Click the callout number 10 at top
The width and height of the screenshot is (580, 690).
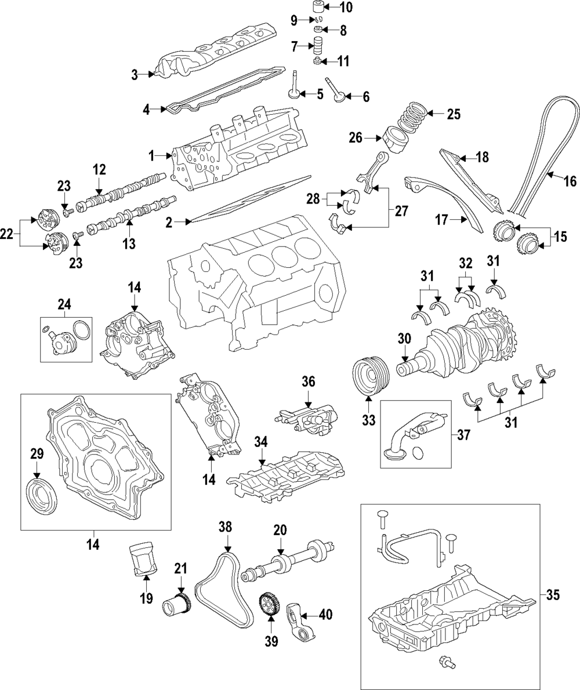point(346,8)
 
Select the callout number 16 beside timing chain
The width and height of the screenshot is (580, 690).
point(570,181)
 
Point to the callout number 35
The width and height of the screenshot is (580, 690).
point(554,594)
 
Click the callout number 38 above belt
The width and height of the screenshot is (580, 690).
point(225,526)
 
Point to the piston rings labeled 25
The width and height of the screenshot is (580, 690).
point(412,115)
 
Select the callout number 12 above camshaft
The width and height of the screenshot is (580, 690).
point(99,170)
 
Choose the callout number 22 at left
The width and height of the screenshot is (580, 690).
point(6,234)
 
